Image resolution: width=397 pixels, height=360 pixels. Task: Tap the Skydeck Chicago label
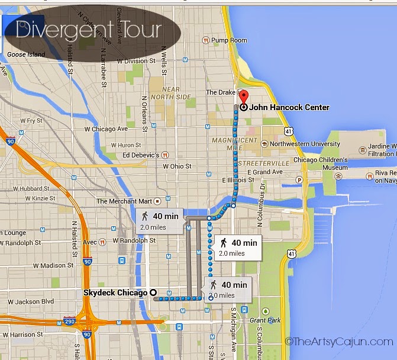115,292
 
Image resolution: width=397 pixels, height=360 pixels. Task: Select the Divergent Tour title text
88,30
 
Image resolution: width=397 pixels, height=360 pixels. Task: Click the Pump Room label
229,40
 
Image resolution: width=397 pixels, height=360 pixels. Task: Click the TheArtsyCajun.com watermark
338,341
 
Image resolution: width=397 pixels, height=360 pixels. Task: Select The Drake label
220,92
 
